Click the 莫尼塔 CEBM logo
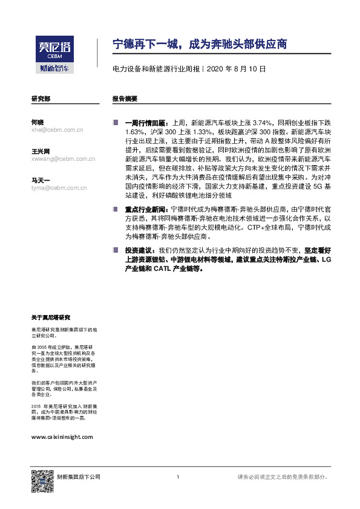tap(53, 49)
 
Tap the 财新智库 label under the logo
tap(53, 68)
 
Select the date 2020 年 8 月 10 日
tap(237, 70)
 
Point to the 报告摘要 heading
tap(125, 98)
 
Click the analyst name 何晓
tap(37, 122)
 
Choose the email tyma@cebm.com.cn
tap(59, 187)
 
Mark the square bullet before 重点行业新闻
tap(115, 208)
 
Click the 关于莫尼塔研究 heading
tap(51, 317)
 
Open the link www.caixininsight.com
tap(62, 436)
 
